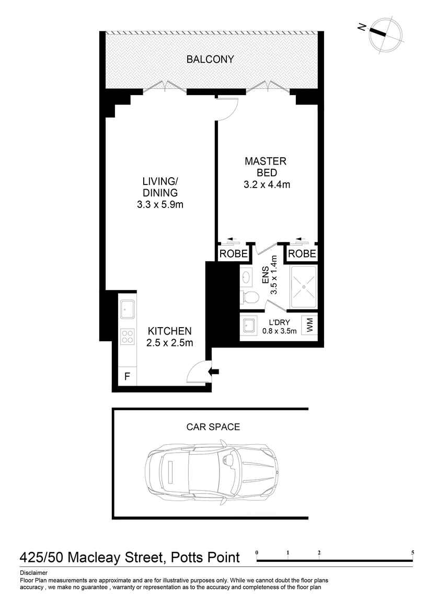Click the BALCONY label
point(210,60)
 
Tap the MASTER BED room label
point(266,167)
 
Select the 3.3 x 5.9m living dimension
point(160,205)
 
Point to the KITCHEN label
point(170,331)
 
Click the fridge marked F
point(127,376)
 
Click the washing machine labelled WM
point(309,325)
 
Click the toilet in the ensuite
point(249,297)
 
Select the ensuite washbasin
point(246,276)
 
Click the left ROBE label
point(233,254)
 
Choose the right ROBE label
point(302,254)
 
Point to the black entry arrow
point(213,371)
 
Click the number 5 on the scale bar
point(412,553)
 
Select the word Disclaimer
point(34,573)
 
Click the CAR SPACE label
point(213,427)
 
